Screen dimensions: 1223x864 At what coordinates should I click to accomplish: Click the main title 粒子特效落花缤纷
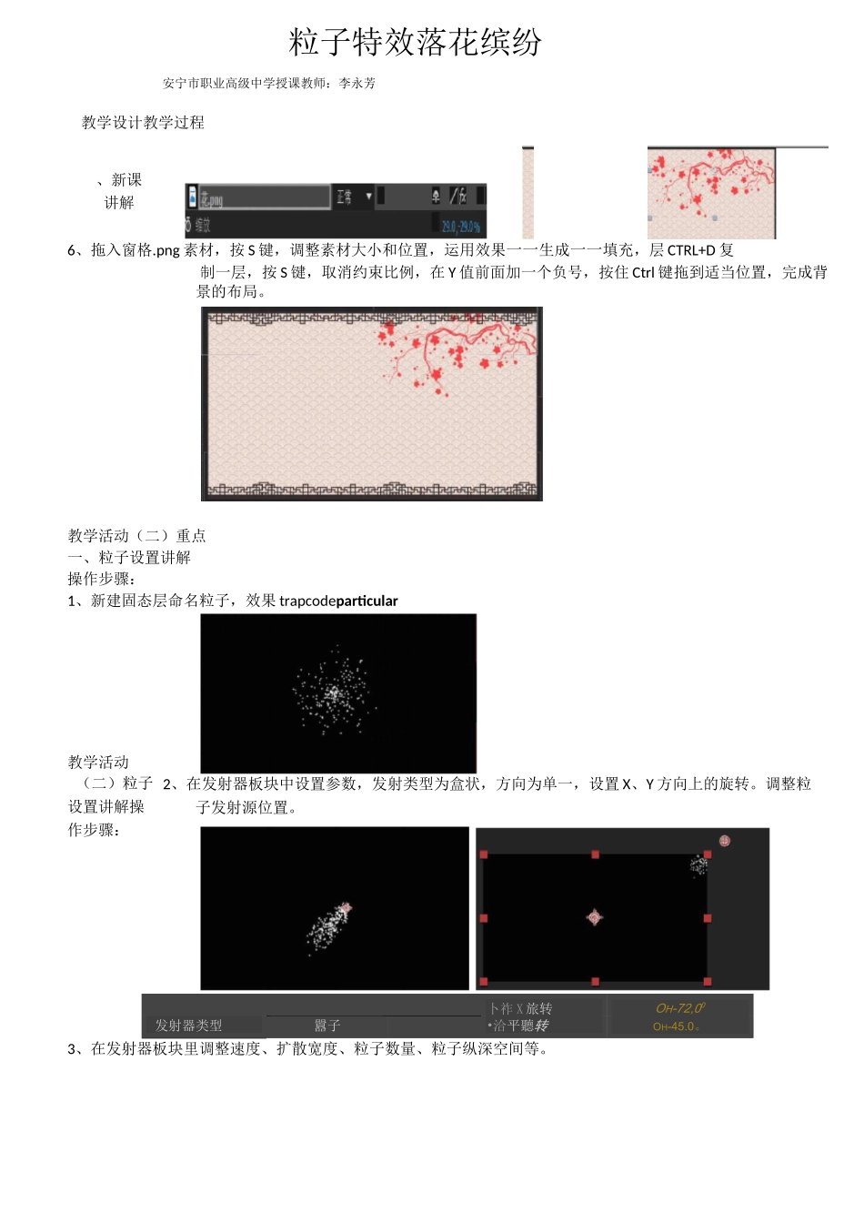(416, 42)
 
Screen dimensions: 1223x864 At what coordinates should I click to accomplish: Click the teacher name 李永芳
(357, 83)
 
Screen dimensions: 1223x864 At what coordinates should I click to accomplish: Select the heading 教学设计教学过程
(143, 122)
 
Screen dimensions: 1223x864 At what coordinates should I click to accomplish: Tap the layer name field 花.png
(264, 197)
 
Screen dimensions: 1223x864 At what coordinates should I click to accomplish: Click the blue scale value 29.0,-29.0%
(461, 226)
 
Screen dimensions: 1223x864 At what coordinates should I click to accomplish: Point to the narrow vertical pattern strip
(527, 193)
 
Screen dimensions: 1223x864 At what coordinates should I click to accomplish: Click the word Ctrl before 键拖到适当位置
(643, 272)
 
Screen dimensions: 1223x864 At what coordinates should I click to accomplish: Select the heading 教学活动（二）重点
(136, 536)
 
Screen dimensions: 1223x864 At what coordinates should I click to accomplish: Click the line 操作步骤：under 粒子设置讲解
(102, 579)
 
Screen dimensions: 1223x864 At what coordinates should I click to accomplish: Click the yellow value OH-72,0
(680, 1008)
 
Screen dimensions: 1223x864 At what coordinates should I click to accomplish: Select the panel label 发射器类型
(188, 1026)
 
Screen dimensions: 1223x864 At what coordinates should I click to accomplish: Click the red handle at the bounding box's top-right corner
(708, 854)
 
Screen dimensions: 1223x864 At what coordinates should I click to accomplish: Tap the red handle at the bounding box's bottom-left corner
(484, 982)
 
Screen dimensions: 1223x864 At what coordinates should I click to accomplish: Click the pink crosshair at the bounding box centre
(595, 917)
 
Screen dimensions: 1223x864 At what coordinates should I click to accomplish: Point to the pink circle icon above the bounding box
(725, 841)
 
